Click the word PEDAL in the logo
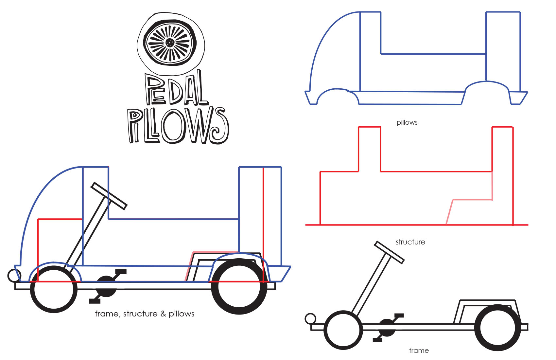(x=177, y=89)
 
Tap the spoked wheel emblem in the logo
(x=170, y=43)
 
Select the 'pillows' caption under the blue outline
(x=407, y=122)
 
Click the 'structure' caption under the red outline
(x=410, y=242)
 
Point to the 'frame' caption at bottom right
(x=419, y=351)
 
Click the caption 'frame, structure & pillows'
(x=145, y=314)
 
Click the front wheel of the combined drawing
(x=54, y=290)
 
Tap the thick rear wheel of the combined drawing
(x=239, y=287)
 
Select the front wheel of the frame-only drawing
(x=343, y=330)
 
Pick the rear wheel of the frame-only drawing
(x=497, y=328)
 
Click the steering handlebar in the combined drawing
(x=109, y=196)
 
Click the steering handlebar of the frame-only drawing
(x=389, y=252)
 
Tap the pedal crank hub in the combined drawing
(x=106, y=286)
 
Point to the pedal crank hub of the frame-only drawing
(x=387, y=328)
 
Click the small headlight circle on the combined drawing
(x=14, y=276)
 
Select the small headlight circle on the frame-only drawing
(x=310, y=318)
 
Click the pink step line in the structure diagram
(x=471, y=200)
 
